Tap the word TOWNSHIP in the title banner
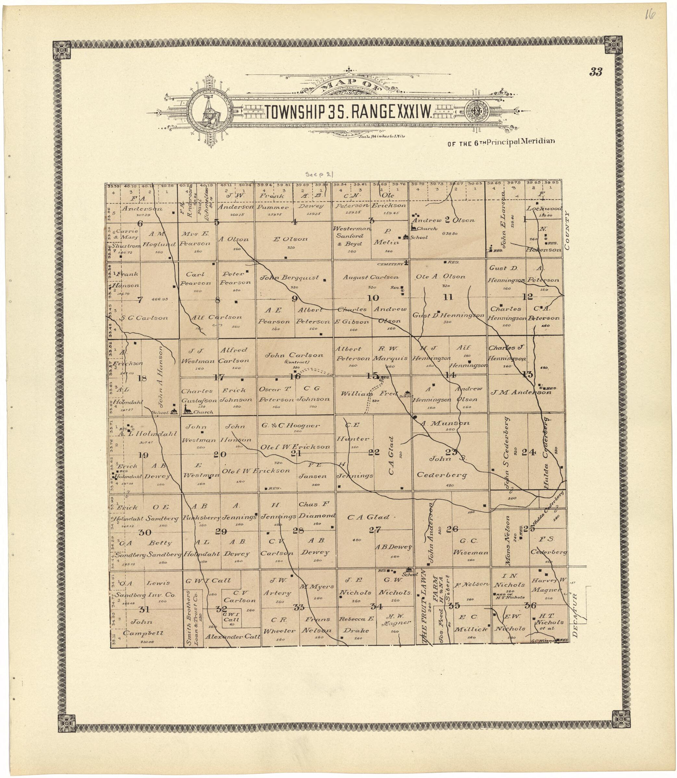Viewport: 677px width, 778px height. point(295,111)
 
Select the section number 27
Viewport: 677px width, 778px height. point(375,530)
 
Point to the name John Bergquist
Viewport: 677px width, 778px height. point(290,278)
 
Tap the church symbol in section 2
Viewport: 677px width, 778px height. point(414,228)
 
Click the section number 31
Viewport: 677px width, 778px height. point(144,609)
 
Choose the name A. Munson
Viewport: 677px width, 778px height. point(445,423)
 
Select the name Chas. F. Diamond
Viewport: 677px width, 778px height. point(316,510)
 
